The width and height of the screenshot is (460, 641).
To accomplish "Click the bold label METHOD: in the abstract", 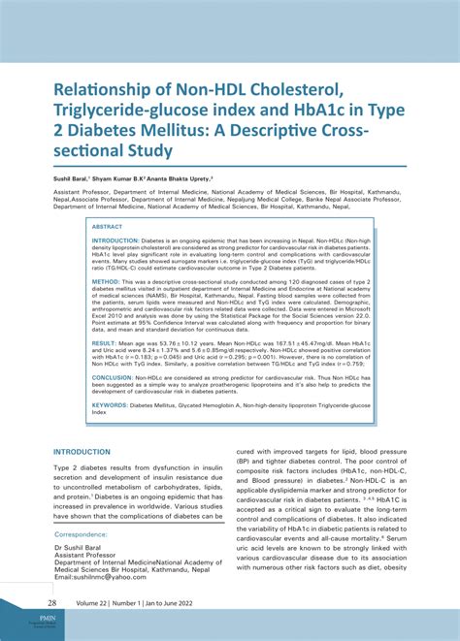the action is (x=104, y=280).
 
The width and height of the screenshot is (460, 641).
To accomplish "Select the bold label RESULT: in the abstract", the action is (x=104, y=343).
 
